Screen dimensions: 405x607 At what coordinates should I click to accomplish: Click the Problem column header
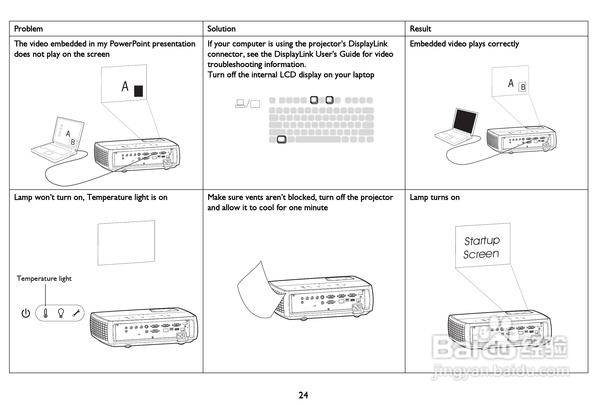pos(28,29)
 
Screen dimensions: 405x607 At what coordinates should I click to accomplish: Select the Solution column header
pos(222,29)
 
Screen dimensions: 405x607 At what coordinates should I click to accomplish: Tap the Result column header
pos(420,29)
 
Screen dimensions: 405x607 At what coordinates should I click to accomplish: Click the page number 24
pos(303,395)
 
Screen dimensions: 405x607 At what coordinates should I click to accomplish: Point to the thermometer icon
pos(46,313)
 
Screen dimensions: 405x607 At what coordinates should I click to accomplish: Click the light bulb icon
pos(61,313)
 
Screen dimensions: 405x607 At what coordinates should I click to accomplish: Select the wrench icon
pos(76,313)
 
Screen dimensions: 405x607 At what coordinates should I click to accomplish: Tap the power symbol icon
pos(26,313)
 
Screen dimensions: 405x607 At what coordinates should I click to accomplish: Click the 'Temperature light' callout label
pos(44,278)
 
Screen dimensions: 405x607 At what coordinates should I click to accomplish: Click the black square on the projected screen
pos(139,91)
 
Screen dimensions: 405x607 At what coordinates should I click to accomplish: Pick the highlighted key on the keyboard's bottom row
pos(281,139)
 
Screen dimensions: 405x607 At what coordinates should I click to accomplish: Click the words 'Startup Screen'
pos(481,247)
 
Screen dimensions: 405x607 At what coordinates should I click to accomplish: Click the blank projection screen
pos(126,243)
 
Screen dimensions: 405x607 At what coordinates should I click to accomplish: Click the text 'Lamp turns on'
pos(435,197)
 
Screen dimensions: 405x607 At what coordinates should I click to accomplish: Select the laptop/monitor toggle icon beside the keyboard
pos(248,104)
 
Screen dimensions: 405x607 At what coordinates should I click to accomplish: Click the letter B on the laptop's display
pos(73,142)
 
